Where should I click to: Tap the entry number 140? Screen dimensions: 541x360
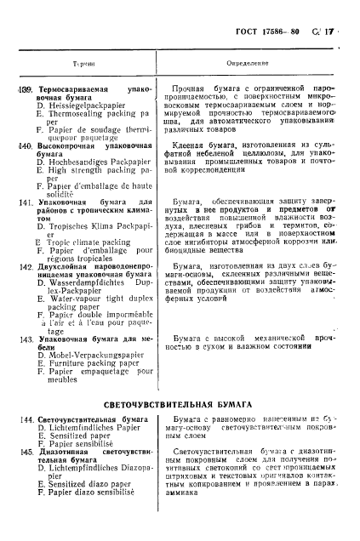tap(26, 146)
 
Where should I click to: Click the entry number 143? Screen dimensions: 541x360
tap(26, 339)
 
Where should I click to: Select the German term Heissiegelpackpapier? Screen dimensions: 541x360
tap(89, 103)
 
